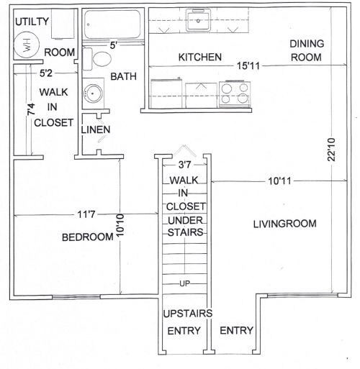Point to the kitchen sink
coord(196,21)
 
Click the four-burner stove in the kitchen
coord(235,94)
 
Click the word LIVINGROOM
coord(284,224)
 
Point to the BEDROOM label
coord(86,237)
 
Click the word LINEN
coord(95,129)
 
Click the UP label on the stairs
coord(185,283)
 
